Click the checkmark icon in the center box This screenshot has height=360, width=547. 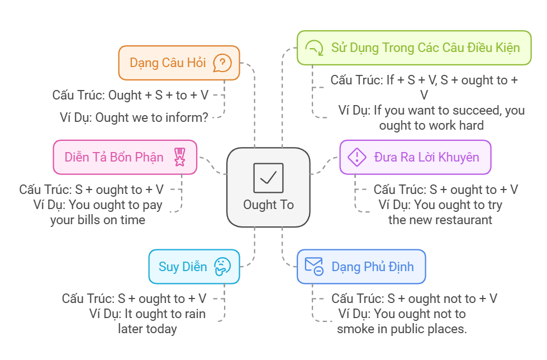tap(268, 177)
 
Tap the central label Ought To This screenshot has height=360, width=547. tap(268, 205)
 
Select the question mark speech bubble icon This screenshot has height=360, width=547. tap(222, 63)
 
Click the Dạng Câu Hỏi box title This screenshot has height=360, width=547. tap(168, 63)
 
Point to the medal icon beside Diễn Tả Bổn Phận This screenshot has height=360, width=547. tap(179, 157)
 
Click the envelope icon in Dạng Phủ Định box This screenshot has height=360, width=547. tap(313, 266)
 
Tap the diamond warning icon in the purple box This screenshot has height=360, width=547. tap(356, 157)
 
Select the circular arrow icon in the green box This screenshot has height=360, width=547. tap(315, 48)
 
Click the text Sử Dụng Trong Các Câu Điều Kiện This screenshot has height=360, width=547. tap(425, 48)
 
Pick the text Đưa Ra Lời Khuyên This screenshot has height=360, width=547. tap(426, 157)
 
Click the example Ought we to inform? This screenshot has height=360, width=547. tap(134, 117)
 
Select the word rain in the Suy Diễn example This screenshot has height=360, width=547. tap(193, 314)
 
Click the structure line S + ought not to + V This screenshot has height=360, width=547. tap(414, 299)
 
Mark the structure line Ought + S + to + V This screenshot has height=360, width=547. tap(130, 95)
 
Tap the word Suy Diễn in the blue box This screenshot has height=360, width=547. tap(183, 266)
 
